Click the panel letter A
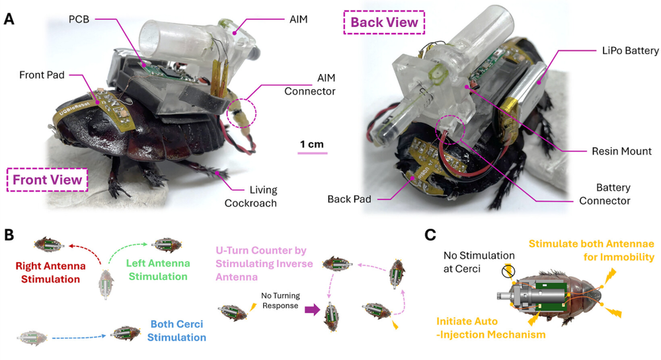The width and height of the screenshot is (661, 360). click(9, 19)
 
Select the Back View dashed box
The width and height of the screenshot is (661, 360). click(384, 11)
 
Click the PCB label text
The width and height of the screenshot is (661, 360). click(79, 19)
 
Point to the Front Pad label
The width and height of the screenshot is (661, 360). click(42, 75)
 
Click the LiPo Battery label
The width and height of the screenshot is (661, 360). click(630, 51)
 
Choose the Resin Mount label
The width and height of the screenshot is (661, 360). click(621, 151)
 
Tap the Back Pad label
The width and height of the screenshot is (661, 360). click(349, 199)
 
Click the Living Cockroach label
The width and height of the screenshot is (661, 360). click(251, 197)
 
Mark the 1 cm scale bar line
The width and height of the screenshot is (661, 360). click(313, 153)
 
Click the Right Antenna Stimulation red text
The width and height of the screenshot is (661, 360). click(51, 272)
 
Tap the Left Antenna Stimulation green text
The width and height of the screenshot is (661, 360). click(158, 270)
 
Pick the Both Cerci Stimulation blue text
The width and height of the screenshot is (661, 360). click(176, 330)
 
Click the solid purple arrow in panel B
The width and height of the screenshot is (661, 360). click(312, 310)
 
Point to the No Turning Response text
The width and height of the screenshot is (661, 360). click(280, 301)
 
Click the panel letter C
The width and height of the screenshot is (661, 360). click(430, 235)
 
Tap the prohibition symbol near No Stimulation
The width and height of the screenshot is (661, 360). click(508, 271)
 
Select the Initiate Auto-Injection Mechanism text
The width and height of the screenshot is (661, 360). click(490, 328)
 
